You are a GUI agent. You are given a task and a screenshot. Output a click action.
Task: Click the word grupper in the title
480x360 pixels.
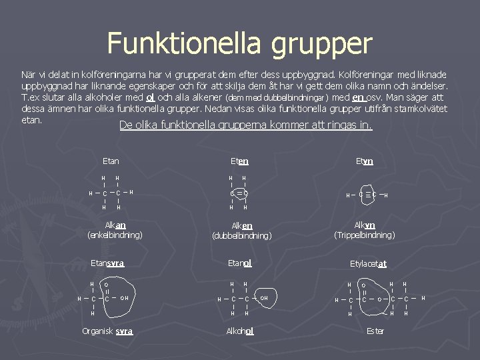pos(321,45)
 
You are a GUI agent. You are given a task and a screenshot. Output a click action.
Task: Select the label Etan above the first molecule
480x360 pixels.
pos(111,161)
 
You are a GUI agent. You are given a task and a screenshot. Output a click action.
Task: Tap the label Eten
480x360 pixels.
pos(239,161)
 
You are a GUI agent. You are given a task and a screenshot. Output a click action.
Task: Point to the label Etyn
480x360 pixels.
pos(364,161)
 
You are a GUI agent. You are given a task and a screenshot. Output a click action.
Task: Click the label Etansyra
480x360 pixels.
pos(107,263)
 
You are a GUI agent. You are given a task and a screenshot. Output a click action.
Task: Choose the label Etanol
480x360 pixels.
pos(239,263)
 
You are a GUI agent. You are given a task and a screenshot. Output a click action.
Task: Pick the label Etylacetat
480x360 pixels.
pos(368,264)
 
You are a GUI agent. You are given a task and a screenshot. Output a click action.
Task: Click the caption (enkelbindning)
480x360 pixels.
pos(115,235)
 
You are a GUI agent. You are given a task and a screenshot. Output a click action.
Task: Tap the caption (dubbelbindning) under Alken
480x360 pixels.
pos(241,235)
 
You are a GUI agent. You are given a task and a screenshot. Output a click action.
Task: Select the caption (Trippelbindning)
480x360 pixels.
pos(364,235)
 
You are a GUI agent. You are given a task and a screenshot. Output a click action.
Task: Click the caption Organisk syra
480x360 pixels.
pos(107,331)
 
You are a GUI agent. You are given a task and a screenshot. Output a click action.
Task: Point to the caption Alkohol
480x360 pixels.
pos(240,331)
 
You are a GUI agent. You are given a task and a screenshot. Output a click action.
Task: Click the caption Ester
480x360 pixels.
pos(375,331)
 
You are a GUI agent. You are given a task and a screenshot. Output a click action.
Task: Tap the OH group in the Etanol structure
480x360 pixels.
pos(264,298)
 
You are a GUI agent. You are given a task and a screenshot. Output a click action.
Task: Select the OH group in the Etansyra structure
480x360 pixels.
pos(124,298)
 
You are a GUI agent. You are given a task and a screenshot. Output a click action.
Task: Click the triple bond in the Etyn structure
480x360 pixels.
pos(365,195)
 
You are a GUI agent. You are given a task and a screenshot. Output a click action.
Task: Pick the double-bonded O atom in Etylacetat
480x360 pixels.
pos(364,285)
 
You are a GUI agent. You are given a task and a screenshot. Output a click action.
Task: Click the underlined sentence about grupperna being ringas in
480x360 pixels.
pos(245,125)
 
